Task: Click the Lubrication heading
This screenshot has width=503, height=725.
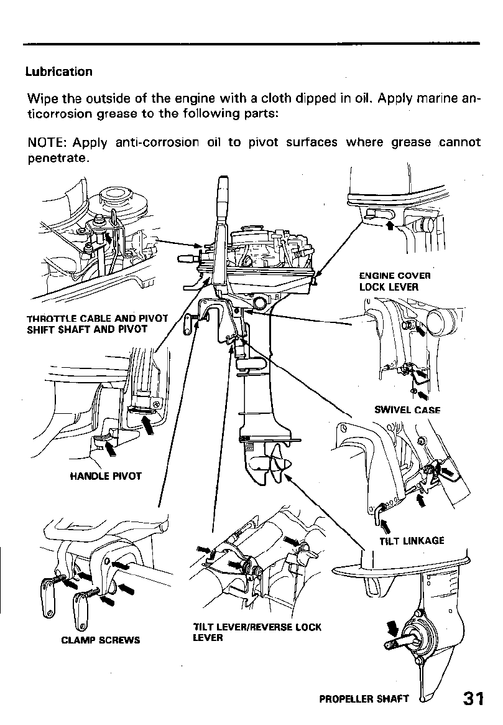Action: tap(58, 72)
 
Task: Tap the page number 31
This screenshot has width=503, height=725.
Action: tap(474, 699)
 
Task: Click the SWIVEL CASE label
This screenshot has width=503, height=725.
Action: tap(407, 409)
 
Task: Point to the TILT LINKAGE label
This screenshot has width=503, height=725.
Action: tap(412, 540)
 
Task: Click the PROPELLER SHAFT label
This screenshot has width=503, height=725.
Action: tap(364, 698)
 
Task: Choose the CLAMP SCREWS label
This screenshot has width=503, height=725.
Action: tap(100, 639)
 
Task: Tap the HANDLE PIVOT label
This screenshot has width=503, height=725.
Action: tap(106, 476)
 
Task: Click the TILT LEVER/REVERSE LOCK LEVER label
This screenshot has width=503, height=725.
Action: tap(257, 632)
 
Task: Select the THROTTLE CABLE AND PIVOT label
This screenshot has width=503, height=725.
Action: tap(97, 319)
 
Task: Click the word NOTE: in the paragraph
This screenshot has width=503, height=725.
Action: tap(47, 143)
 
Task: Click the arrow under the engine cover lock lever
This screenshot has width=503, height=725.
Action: tap(390, 224)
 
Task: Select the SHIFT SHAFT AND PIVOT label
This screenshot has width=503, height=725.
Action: tap(87, 329)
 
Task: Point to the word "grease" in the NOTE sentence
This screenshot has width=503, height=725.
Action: tap(410, 143)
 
